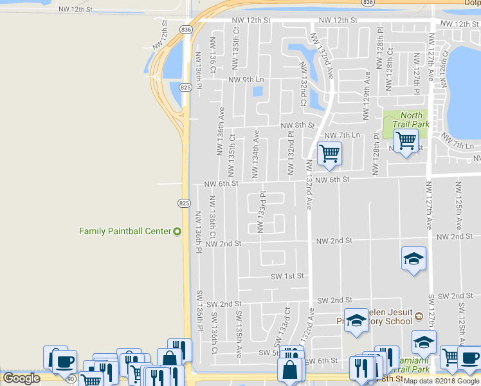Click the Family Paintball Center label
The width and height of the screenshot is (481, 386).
point(125,231)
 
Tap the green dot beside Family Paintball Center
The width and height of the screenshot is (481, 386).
point(177,231)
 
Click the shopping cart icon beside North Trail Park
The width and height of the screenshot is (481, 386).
point(406,140)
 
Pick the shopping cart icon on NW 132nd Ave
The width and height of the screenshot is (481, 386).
point(329,153)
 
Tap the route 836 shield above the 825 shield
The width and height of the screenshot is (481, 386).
point(186,30)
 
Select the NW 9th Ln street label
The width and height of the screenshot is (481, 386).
point(246,80)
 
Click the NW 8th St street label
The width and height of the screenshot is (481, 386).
point(297,125)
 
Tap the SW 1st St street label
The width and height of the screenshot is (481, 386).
point(287,275)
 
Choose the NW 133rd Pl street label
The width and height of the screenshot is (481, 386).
point(262,212)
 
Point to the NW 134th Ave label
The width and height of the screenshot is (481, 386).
point(255,154)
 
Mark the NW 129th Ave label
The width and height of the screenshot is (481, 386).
point(367,95)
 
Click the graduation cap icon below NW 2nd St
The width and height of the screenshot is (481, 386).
point(413,259)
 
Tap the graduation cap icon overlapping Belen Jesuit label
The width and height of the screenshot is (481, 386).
point(355,321)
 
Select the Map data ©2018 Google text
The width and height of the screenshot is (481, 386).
point(441,381)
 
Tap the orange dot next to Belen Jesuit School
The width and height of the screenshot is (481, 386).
point(419,316)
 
